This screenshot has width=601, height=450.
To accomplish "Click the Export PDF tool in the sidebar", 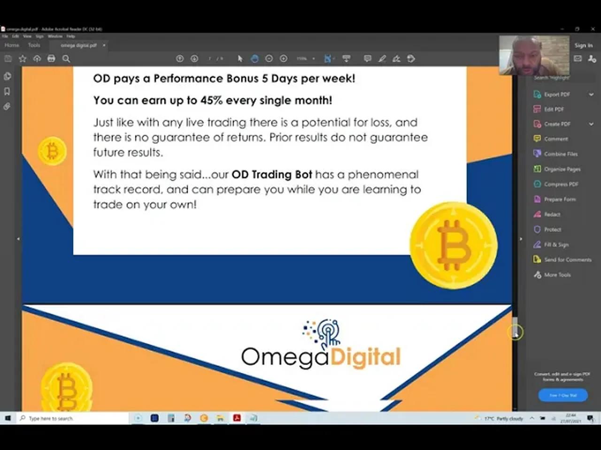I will pos(557,94).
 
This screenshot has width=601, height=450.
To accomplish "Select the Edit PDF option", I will pos(554,109).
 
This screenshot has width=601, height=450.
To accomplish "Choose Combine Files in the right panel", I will pos(561,154).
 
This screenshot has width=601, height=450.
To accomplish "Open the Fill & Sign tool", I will pos(556,245).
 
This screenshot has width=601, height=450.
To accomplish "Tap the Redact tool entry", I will pos(552,214).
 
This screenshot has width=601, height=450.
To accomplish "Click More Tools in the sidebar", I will pos(557,275).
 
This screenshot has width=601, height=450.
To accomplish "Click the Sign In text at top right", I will pos(583,45).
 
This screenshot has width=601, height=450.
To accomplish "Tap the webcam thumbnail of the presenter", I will pos(534,55).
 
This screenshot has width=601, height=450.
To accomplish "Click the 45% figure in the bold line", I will pos(211,100).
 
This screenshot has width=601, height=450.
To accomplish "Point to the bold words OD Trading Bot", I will pos(272,174).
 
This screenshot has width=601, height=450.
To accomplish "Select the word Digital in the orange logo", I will pos(366,357).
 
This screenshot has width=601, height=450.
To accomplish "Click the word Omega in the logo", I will pos(285,357).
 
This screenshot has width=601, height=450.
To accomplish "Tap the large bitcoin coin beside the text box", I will pos(454,245).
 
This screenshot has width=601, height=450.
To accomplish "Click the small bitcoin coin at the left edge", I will pos(52,151).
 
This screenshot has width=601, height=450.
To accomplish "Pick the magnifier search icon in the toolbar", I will pos(66,59).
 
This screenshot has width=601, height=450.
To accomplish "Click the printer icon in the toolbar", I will pos(51,59).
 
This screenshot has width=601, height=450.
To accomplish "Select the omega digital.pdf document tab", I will pos(78,45).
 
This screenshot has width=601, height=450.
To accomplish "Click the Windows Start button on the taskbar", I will pos(8,418).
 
